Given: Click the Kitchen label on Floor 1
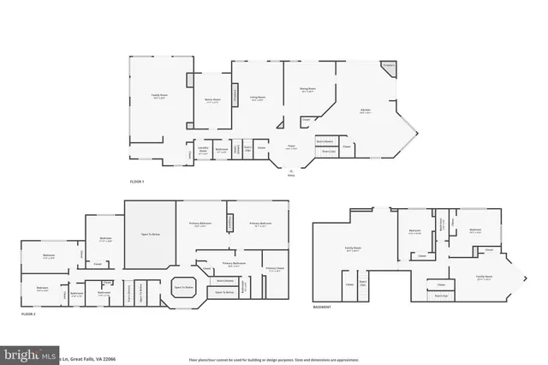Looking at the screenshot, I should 366,111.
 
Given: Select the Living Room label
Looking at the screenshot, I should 257,99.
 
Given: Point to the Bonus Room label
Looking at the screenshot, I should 212,102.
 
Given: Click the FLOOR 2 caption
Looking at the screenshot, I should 28,314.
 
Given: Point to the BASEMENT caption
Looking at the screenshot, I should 321,306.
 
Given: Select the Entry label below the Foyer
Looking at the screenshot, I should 290,176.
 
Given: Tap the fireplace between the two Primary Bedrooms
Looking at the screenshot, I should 229,223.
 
